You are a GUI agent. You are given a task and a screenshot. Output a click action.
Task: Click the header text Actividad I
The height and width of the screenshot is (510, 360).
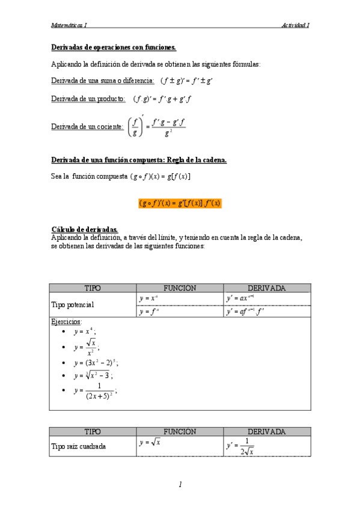(x=295, y=25)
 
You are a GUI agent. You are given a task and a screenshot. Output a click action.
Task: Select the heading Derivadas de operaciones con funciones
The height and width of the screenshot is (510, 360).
(x=114, y=47)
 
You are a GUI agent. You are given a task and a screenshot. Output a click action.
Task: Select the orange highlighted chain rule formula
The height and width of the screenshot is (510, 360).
(x=180, y=203)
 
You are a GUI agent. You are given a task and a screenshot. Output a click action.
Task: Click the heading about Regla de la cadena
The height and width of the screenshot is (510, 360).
(x=138, y=159)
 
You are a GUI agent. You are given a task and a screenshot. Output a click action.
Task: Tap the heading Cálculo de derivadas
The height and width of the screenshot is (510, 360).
(x=85, y=230)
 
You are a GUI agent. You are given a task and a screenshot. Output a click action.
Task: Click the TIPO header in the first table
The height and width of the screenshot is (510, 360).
(x=93, y=288)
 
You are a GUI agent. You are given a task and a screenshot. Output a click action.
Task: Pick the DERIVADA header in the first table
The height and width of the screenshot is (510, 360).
(x=266, y=288)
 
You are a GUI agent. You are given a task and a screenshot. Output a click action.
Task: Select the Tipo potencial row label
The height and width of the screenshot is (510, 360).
(x=73, y=305)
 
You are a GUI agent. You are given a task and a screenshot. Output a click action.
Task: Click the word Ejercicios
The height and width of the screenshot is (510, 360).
(x=67, y=322)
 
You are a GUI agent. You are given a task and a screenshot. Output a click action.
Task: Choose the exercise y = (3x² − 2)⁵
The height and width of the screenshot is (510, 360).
(x=96, y=363)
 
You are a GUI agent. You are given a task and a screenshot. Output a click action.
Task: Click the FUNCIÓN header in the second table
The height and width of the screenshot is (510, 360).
(x=179, y=431)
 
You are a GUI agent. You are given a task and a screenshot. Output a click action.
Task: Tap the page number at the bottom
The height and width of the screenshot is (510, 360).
(x=180, y=484)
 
